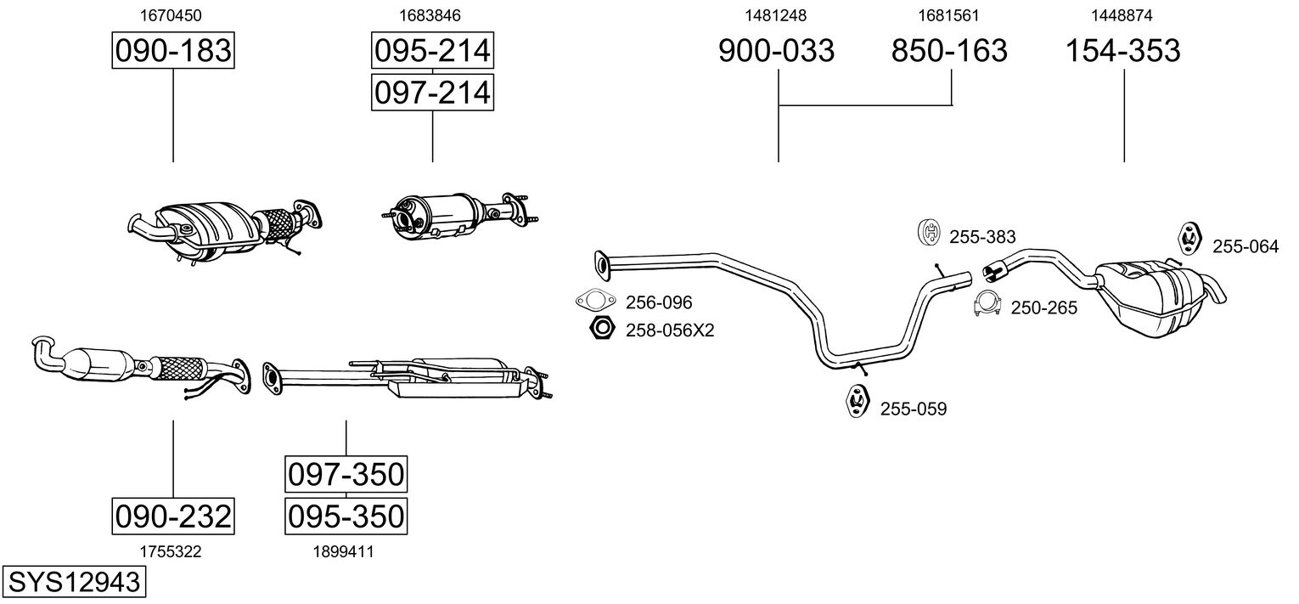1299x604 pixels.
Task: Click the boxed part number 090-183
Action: point(173,50)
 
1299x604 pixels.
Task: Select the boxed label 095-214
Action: point(432,50)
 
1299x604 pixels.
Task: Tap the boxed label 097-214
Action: point(432,93)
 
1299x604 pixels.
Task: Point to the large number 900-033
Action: point(777,50)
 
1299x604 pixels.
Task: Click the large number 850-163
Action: point(949,50)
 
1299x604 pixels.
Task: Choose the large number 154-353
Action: point(1123,50)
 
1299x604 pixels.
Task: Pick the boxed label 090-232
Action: point(173,516)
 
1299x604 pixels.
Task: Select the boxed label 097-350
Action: point(346,474)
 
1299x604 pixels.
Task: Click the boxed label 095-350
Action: point(346,516)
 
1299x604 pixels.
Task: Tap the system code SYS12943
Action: point(74,582)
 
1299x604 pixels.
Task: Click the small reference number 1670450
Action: point(171,15)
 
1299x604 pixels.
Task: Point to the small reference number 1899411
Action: point(343,552)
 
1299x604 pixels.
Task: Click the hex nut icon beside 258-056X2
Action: point(602,329)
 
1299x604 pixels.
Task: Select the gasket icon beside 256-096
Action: point(595,301)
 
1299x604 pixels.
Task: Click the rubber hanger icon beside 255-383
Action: point(930,232)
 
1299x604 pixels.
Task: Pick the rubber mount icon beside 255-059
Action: point(857,400)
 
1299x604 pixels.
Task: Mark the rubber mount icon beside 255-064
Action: point(1191,238)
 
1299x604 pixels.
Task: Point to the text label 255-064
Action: point(1245,246)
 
